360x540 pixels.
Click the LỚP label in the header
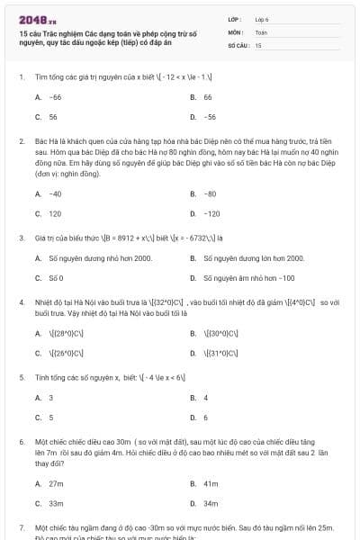(x=235, y=18)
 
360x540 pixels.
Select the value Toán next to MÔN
(x=261, y=31)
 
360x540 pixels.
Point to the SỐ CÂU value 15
(x=258, y=44)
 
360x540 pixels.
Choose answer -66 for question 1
(x=55, y=96)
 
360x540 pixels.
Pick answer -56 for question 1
(x=210, y=117)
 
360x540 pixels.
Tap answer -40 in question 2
(x=55, y=193)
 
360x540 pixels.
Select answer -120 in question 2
(x=211, y=214)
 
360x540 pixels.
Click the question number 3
(x=21, y=238)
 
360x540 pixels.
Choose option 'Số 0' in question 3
(x=56, y=278)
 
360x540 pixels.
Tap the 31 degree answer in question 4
(x=220, y=352)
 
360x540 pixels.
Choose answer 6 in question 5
(x=205, y=418)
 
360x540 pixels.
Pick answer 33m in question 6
(x=56, y=503)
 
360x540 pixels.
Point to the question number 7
(x=21, y=527)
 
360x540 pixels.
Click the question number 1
(x=21, y=76)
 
